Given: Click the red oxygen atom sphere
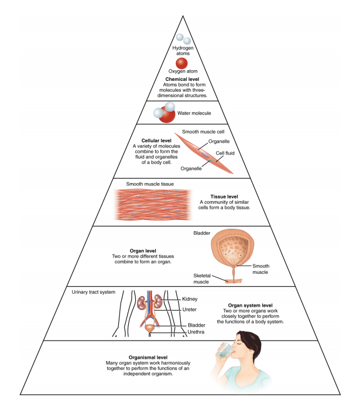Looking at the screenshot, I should (182, 63).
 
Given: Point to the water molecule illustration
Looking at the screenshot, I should (165, 112).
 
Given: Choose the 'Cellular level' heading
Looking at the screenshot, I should (148, 140).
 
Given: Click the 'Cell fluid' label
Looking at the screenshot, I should (226, 153).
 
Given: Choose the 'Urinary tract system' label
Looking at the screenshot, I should (94, 291).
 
